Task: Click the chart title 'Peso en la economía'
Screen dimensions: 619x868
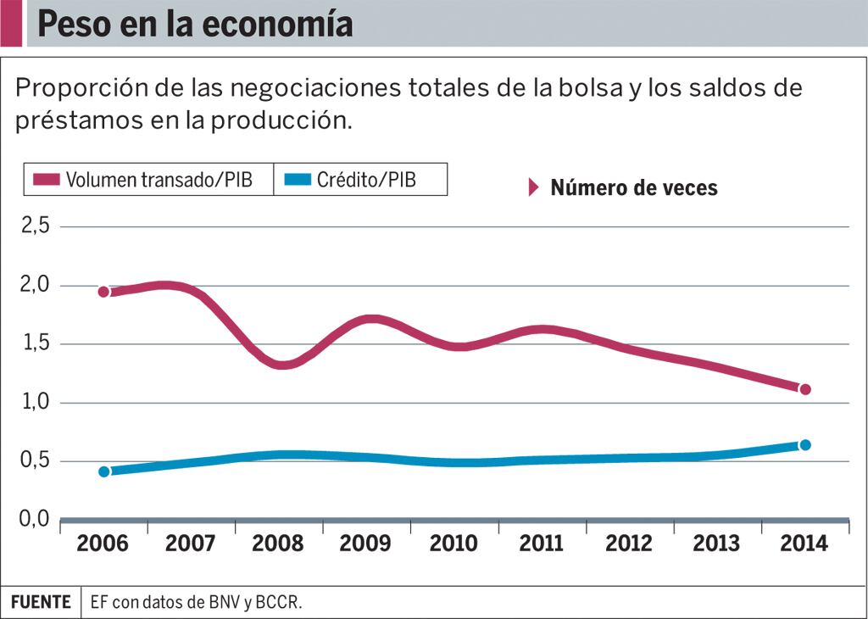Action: coord(195,24)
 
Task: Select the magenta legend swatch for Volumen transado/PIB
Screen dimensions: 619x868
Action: coord(47,180)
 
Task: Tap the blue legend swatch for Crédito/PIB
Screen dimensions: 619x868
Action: coord(297,180)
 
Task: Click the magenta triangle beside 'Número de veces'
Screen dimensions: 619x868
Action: coord(533,187)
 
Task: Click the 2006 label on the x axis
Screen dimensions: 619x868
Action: coord(103,544)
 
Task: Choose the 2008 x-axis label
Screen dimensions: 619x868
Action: coord(277,544)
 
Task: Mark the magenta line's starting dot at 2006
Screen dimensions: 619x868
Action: coord(104,292)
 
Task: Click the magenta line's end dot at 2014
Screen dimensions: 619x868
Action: coord(805,389)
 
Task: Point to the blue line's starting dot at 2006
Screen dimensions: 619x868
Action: coord(104,471)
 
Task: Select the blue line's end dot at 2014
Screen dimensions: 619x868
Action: coord(805,445)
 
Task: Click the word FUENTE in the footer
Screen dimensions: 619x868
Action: coord(41,602)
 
